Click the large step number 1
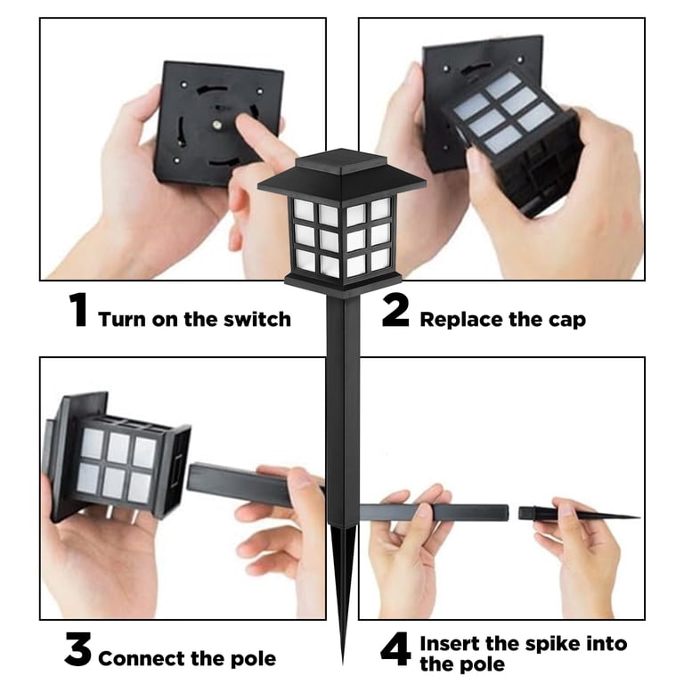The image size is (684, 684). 78,310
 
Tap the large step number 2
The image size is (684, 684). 395,310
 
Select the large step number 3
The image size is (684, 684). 78,649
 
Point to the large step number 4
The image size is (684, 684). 395,649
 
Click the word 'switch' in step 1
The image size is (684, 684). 257,320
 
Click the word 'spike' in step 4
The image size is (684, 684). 553,644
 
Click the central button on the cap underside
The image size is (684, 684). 216,126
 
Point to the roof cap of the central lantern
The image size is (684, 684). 342,171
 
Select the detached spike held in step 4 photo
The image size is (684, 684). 578,514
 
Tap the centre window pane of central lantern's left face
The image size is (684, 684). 329,240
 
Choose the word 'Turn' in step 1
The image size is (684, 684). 122,320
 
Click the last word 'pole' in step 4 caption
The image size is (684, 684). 484,664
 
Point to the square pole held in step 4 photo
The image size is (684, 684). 434,512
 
